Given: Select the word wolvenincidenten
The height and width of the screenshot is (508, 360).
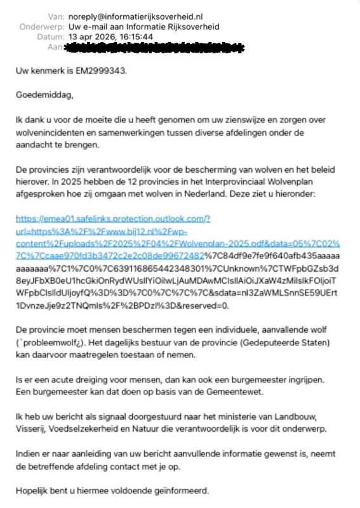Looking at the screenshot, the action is (x=48, y=133).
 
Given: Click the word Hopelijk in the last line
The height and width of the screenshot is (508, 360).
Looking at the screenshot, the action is (x=33, y=491).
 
